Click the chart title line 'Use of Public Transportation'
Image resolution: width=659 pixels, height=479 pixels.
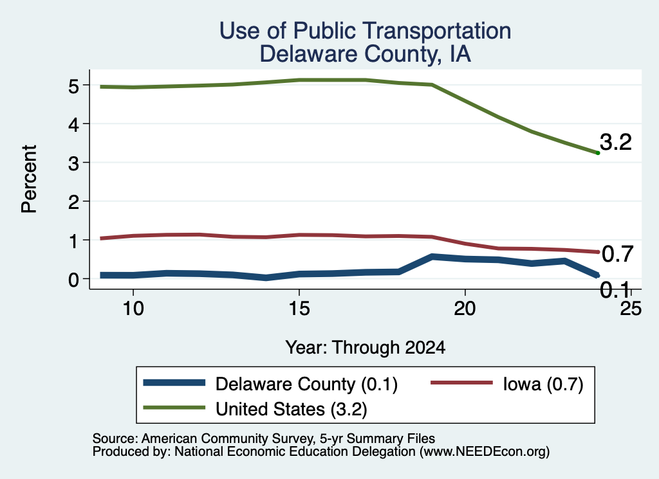(366, 31)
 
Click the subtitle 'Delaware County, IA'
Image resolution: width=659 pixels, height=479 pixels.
(366, 54)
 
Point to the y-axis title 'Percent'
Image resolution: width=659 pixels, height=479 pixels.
(29, 179)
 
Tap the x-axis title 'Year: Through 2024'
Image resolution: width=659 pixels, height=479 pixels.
(366, 348)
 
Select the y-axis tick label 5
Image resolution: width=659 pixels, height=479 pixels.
(73, 87)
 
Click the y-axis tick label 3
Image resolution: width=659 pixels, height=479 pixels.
(73, 163)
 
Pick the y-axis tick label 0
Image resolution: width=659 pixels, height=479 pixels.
(73, 280)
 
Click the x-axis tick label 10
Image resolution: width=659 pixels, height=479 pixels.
(133, 309)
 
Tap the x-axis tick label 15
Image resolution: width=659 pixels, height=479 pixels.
(299, 309)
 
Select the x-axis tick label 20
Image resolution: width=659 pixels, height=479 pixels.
(465, 309)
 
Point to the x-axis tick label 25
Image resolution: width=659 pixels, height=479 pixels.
(631, 309)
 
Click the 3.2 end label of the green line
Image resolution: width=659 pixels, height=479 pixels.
(616, 142)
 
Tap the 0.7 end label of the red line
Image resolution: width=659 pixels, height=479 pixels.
(617, 254)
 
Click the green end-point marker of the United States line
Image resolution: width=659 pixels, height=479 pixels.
(598, 153)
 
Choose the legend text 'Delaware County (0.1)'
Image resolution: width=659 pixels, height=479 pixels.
(306, 384)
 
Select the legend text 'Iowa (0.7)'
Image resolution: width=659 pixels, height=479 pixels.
(543, 384)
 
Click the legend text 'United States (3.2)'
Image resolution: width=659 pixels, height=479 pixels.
(292, 409)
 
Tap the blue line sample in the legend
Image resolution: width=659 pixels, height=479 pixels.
(174, 383)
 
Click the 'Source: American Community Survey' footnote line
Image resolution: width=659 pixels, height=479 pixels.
(263, 438)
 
